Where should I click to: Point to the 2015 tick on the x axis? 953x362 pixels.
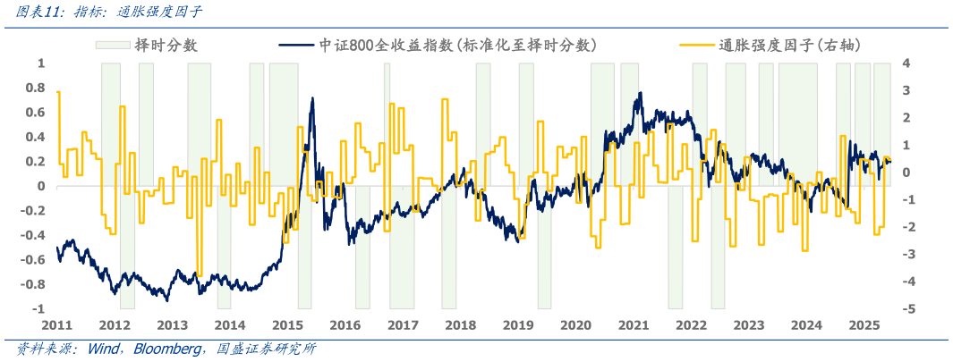[x=287, y=324]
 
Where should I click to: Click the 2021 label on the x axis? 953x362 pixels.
[x=634, y=324]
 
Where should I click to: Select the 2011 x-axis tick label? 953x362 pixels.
[x=56, y=324]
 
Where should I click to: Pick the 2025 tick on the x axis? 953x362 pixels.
[x=864, y=324]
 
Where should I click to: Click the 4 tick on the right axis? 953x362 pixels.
[x=906, y=63]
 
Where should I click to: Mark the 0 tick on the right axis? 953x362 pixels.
[x=906, y=173]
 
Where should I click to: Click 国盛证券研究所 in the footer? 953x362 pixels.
[x=260, y=349]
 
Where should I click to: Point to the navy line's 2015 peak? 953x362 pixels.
[x=312, y=98]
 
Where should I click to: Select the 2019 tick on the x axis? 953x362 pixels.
[x=518, y=324]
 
